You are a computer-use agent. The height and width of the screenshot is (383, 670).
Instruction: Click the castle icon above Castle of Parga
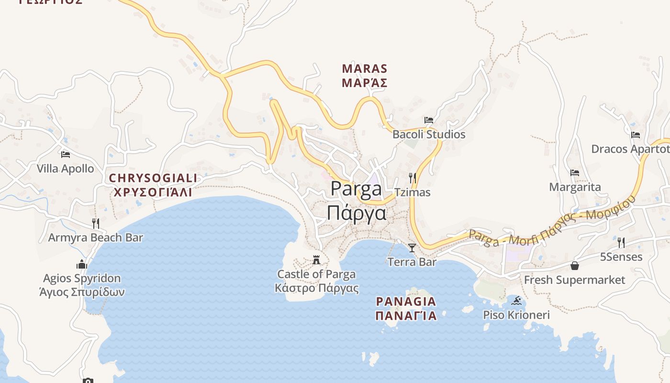pyautogui.click(x=316, y=260)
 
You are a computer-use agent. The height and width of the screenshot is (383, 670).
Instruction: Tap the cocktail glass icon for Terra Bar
pyautogui.click(x=412, y=248)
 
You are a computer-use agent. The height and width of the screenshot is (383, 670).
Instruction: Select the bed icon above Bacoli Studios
pyautogui.click(x=429, y=120)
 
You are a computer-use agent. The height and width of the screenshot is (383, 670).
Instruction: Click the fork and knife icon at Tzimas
pyautogui.click(x=412, y=178)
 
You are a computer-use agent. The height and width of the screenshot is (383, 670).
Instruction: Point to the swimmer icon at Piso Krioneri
pyautogui.click(x=516, y=301)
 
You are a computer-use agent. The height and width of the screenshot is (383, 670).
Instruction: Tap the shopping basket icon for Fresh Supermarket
pyautogui.click(x=574, y=266)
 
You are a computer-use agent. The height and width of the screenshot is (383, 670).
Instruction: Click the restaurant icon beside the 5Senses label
pyautogui.click(x=621, y=243)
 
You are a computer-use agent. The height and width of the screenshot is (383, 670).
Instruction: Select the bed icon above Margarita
pyautogui.click(x=575, y=173)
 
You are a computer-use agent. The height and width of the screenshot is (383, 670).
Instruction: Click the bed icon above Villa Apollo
pyautogui.click(x=66, y=154)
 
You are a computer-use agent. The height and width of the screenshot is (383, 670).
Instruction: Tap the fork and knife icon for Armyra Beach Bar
pyautogui.click(x=96, y=223)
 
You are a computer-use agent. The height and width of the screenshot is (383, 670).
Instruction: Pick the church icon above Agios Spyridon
pyautogui.click(x=82, y=264)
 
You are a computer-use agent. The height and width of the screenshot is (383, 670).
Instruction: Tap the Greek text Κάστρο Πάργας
pyautogui.click(x=317, y=288)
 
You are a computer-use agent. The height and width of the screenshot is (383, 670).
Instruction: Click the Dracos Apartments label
pyautogui.click(x=630, y=149)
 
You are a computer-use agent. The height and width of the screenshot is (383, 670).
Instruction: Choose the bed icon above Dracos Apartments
pyautogui.click(x=636, y=135)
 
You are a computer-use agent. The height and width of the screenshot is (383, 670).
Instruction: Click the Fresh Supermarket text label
pyautogui.click(x=574, y=280)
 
